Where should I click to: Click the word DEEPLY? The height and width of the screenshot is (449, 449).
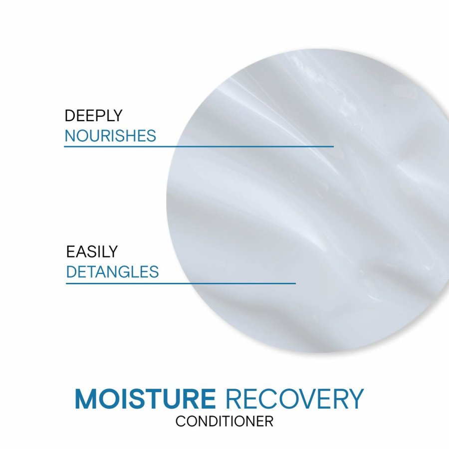93,116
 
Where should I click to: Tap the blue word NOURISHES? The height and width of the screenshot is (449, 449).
110,136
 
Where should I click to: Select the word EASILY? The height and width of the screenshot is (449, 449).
92,251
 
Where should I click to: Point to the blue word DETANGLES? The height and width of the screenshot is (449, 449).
112,272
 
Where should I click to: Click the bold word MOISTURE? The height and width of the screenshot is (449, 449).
145,399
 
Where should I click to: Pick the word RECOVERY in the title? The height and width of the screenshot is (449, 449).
294,399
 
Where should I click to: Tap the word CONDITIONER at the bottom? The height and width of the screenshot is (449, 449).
224,422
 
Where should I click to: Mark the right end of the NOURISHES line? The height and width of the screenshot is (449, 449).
333,146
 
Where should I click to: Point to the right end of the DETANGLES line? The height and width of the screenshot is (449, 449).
295,283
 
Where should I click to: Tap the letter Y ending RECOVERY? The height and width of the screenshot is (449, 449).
355,399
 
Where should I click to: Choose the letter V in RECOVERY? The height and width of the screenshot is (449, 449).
315,399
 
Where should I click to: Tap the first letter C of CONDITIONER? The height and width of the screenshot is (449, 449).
180,422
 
